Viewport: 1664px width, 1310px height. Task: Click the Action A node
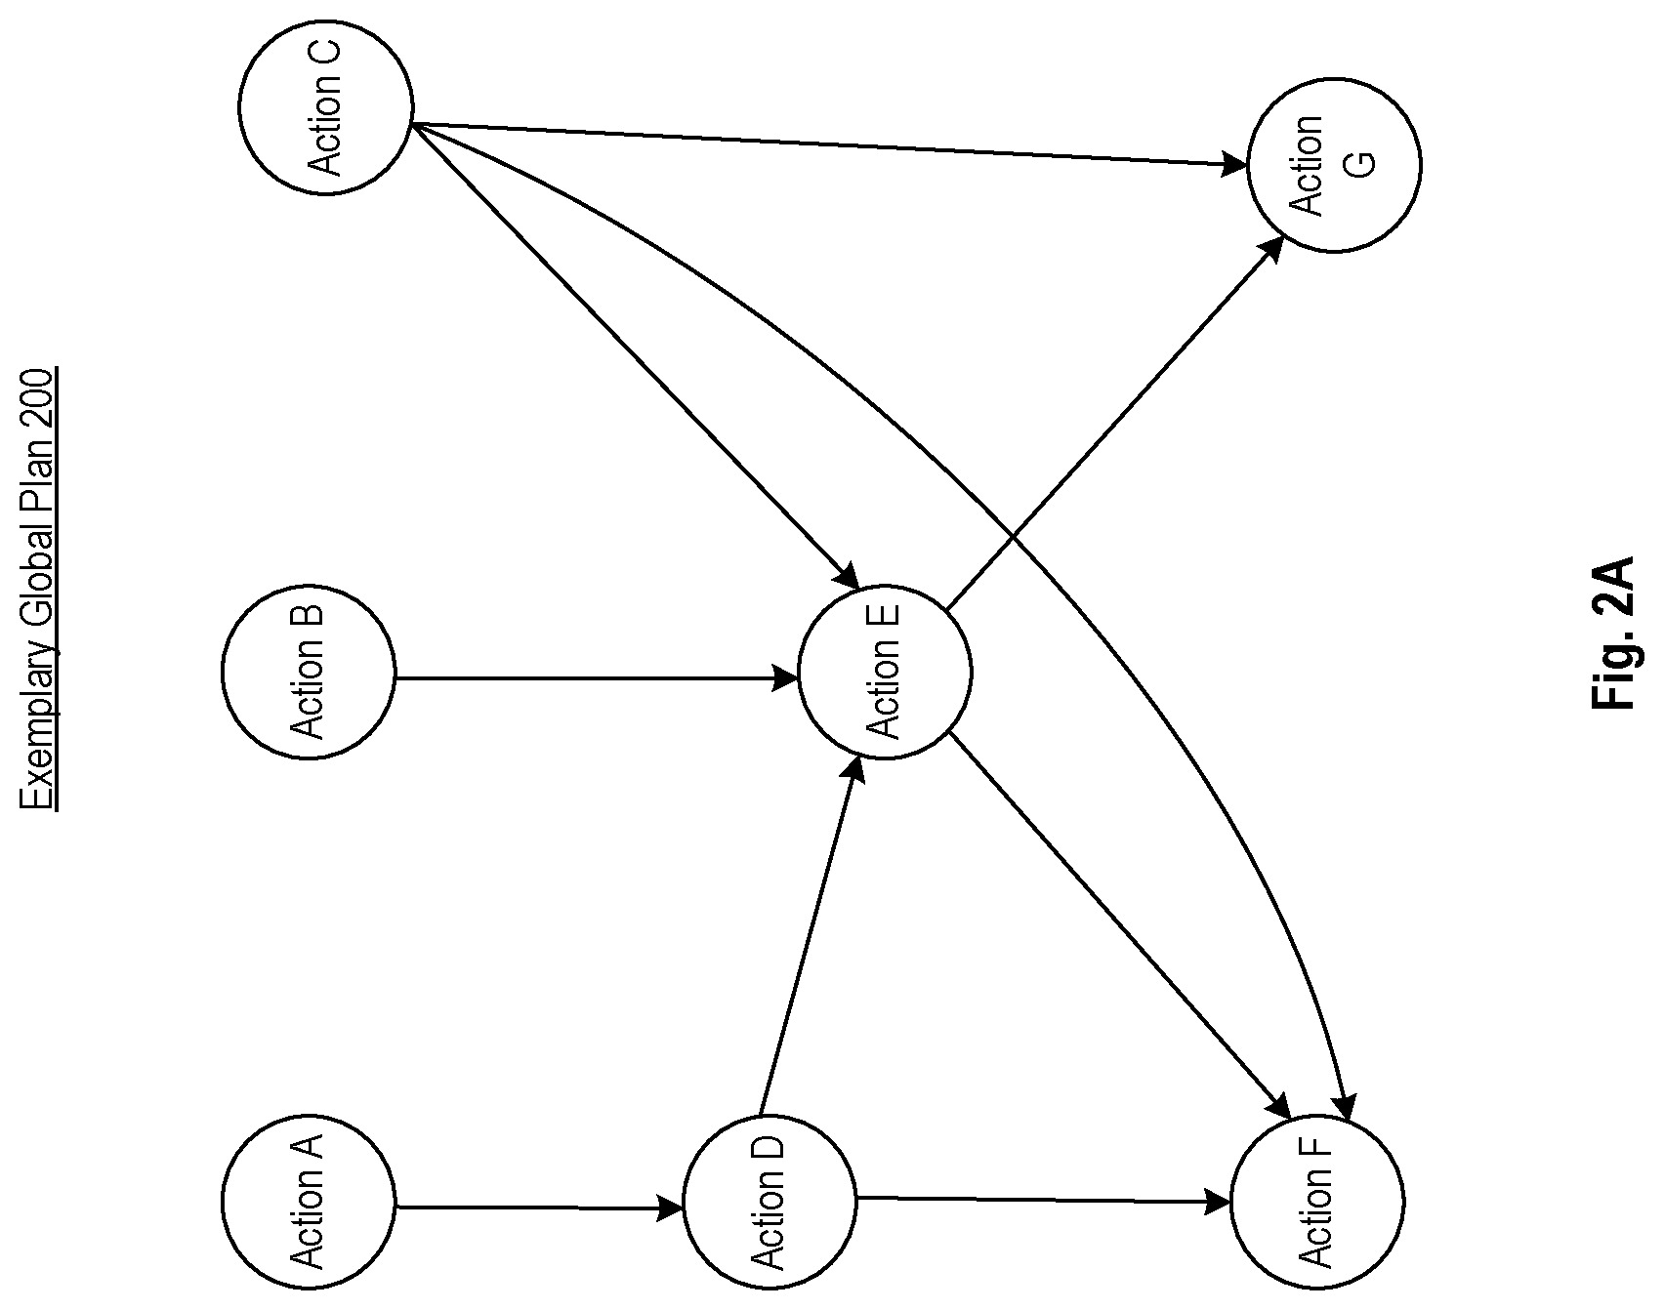[309, 1201]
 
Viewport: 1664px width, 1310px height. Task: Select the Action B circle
[309, 672]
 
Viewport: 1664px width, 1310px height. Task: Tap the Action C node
[325, 107]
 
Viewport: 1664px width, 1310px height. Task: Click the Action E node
[885, 672]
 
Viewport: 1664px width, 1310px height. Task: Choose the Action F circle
[1317, 1202]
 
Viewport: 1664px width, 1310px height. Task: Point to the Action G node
[1334, 166]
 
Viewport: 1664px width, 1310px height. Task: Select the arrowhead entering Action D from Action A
[672, 1208]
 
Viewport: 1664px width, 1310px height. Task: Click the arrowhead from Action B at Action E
[787, 676]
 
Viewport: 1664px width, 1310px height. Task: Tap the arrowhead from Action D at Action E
[854, 771]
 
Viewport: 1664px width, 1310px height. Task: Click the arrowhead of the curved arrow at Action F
[1346, 1108]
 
